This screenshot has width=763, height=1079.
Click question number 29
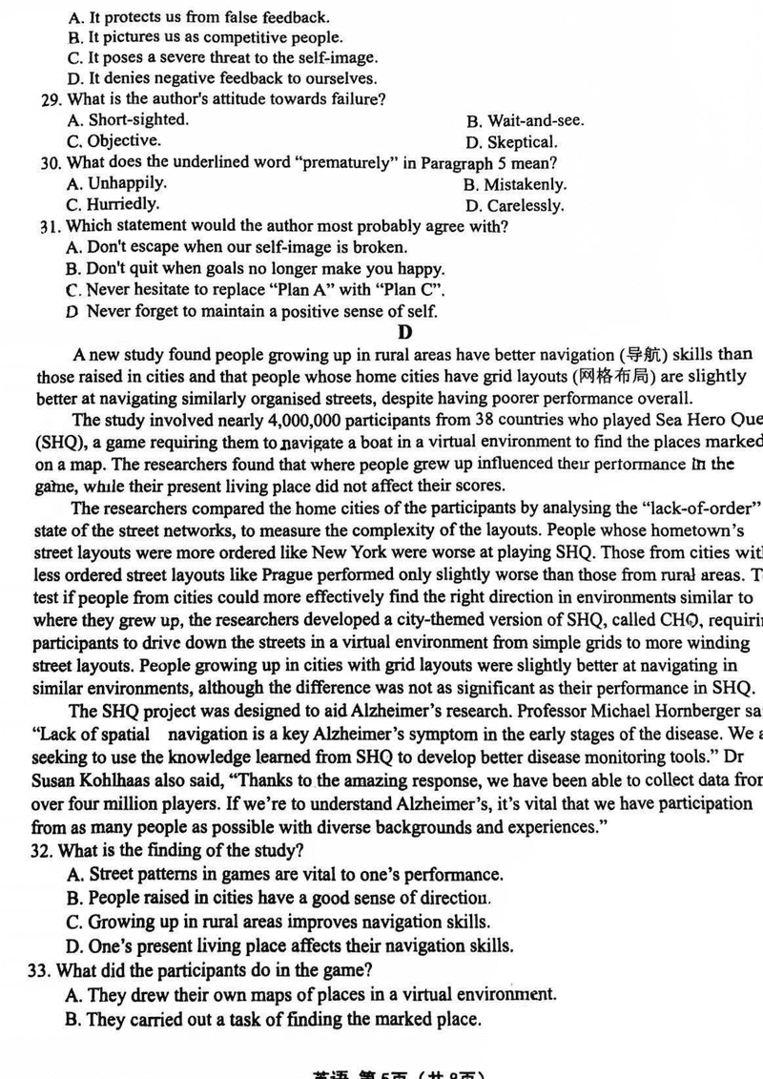click(x=50, y=100)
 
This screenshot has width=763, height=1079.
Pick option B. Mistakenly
click(x=515, y=185)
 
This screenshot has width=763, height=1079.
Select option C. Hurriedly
click(x=113, y=204)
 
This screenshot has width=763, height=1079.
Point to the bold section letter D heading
click(x=405, y=332)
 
